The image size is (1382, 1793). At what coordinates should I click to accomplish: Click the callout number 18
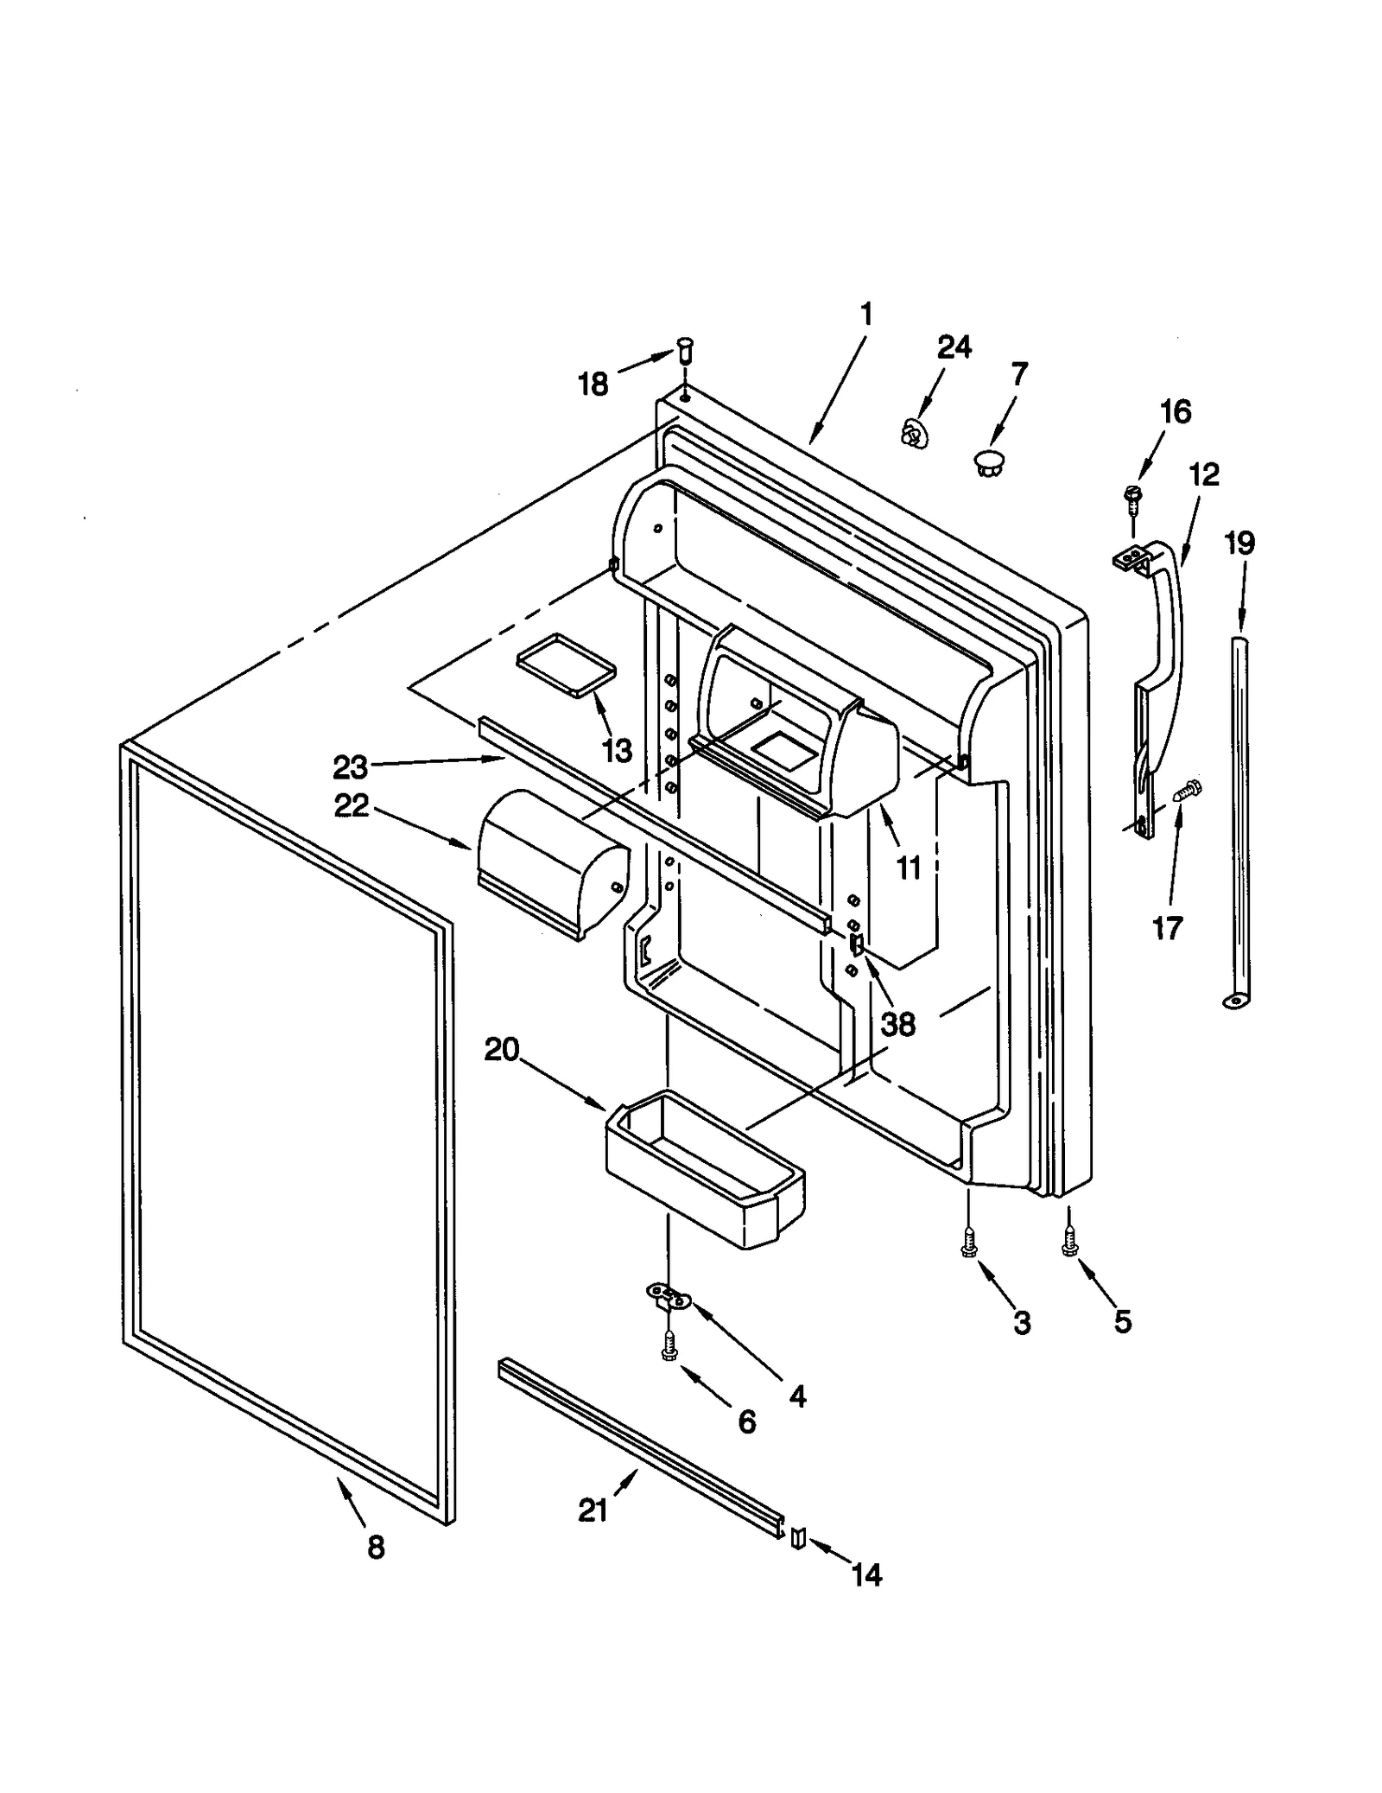[x=593, y=384]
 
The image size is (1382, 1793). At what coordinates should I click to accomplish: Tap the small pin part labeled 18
[x=684, y=350]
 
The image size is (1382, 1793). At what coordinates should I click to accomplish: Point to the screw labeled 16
[x=1130, y=495]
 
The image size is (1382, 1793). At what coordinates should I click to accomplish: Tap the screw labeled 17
[x=1187, y=788]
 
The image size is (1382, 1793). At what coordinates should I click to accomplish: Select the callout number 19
[x=1239, y=544]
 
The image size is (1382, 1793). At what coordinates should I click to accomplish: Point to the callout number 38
[x=897, y=1024]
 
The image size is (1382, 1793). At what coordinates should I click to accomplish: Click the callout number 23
[x=351, y=766]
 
